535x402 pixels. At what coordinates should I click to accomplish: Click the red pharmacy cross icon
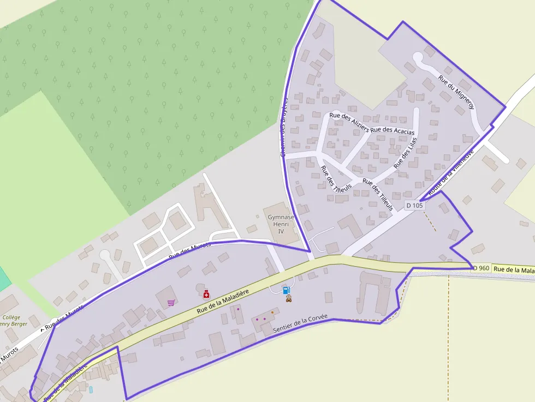point(206,295)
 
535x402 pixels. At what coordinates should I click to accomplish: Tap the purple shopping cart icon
point(171,303)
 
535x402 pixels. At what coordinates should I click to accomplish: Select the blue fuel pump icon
point(286,289)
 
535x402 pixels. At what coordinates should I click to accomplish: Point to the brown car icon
point(288,298)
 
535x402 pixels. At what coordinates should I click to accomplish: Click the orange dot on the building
point(272,313)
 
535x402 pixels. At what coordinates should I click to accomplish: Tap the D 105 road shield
point(415,206)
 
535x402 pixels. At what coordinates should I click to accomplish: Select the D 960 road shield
point(481,268)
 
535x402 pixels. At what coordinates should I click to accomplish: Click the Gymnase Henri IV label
point(281,224)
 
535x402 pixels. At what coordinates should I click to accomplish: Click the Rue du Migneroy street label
point(456,92)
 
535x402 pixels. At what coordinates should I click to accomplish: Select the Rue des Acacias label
point(392,130)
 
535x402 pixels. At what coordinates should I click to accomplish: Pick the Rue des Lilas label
point(405,153)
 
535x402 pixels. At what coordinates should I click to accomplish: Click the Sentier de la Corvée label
point(300,323)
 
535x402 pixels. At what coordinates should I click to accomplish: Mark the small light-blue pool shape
point(91,389)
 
